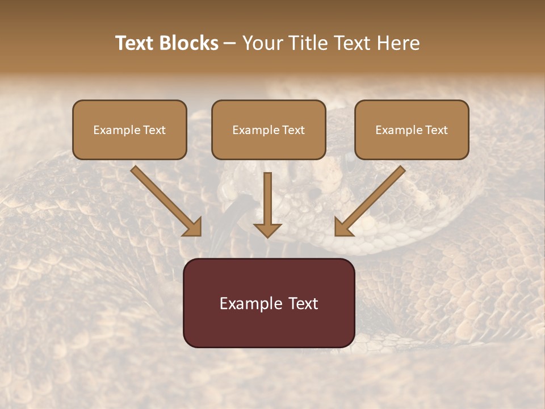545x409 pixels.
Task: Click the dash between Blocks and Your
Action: [230, 44]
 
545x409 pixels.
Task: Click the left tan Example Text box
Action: [129, 130]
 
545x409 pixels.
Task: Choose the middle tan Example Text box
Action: [269, 130]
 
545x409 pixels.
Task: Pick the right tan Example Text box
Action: [412, 130]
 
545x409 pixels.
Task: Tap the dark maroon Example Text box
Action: [269, 303]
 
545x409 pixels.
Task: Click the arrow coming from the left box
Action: [165, 200]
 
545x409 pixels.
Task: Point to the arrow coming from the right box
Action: [372, 200]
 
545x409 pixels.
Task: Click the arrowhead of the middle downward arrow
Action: [267, 230]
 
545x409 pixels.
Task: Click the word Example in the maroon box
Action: [248, 303]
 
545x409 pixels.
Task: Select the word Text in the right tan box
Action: [436, 130]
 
